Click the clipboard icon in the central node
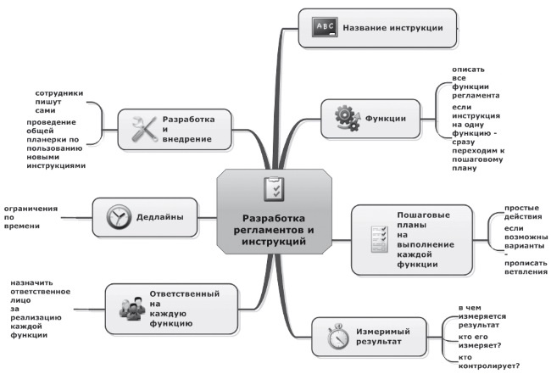point(273,189)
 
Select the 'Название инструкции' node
point(378,27)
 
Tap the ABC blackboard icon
point(326,27)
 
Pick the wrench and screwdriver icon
point(143,128)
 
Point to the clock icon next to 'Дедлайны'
point(118,217)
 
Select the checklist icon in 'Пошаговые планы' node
point(376,240)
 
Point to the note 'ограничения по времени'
point(31,217)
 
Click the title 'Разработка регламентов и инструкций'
point(273,228)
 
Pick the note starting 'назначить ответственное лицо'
point(41,309)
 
